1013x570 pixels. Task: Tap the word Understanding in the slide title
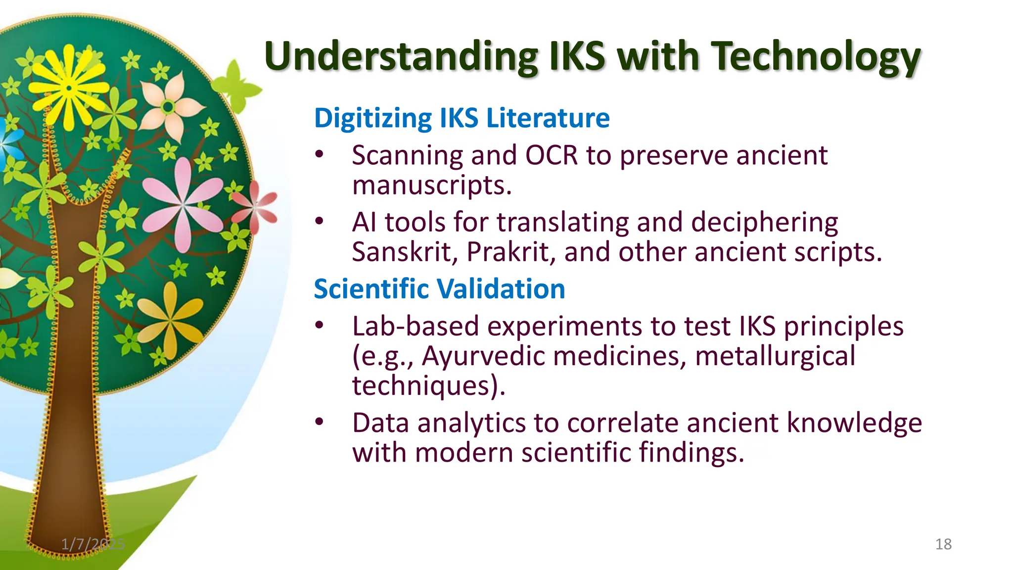401,57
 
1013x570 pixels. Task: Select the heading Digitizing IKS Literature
461,118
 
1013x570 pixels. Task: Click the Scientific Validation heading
439,289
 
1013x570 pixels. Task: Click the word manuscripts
431,186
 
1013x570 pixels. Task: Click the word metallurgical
775,356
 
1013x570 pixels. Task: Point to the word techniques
424,385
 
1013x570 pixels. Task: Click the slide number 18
943,544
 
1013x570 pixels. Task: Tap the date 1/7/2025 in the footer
92,544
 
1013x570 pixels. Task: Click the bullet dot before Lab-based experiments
320,326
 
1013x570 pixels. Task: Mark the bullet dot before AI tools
320,222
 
